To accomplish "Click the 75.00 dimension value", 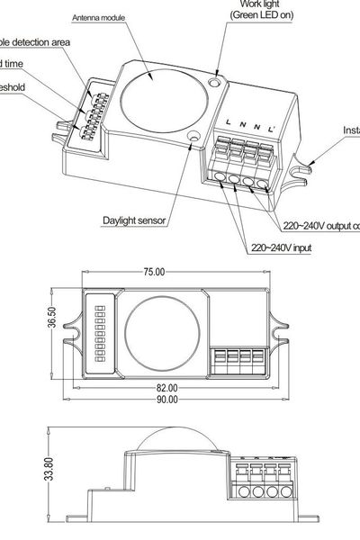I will (x=154, y=271).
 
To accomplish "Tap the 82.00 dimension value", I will (x=166, y=388).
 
